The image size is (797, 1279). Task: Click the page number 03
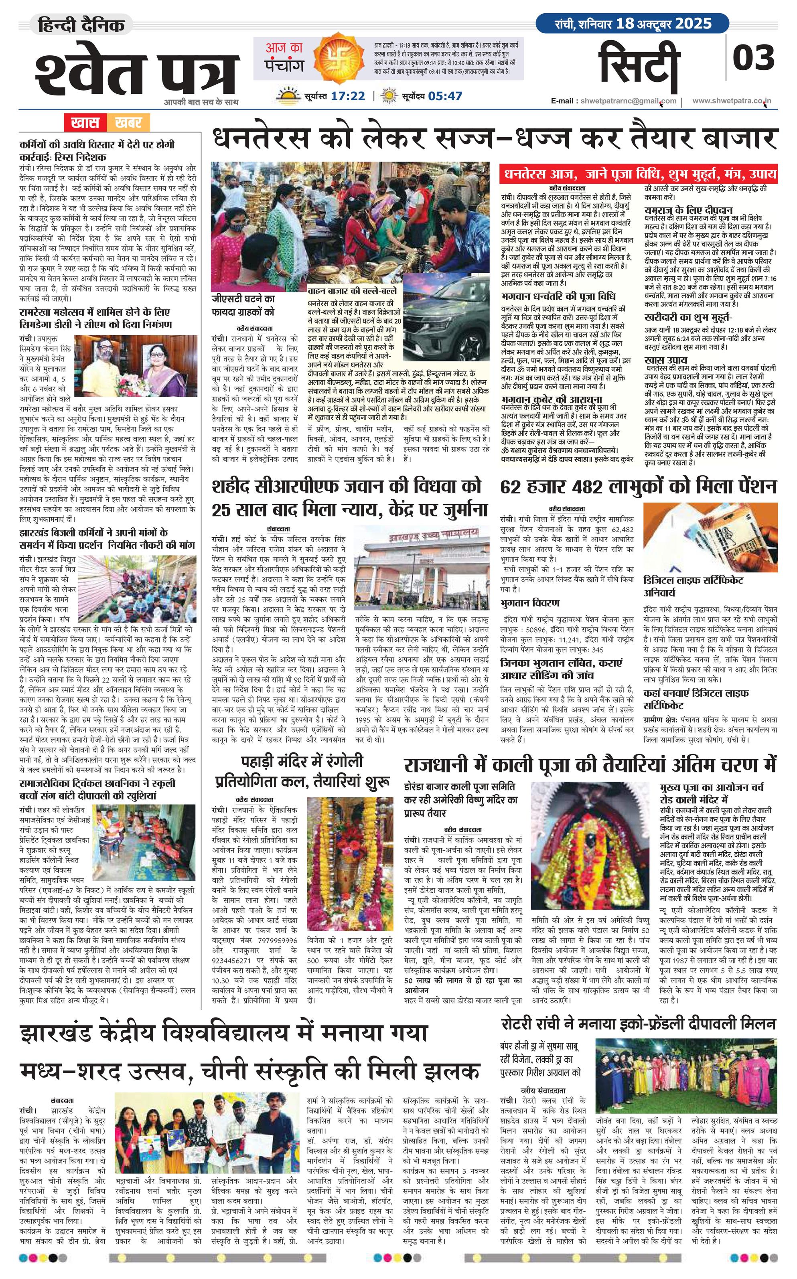[754, 57]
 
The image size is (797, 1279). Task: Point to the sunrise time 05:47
[446, 96]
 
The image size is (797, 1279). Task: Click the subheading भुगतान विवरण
[530, 602]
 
